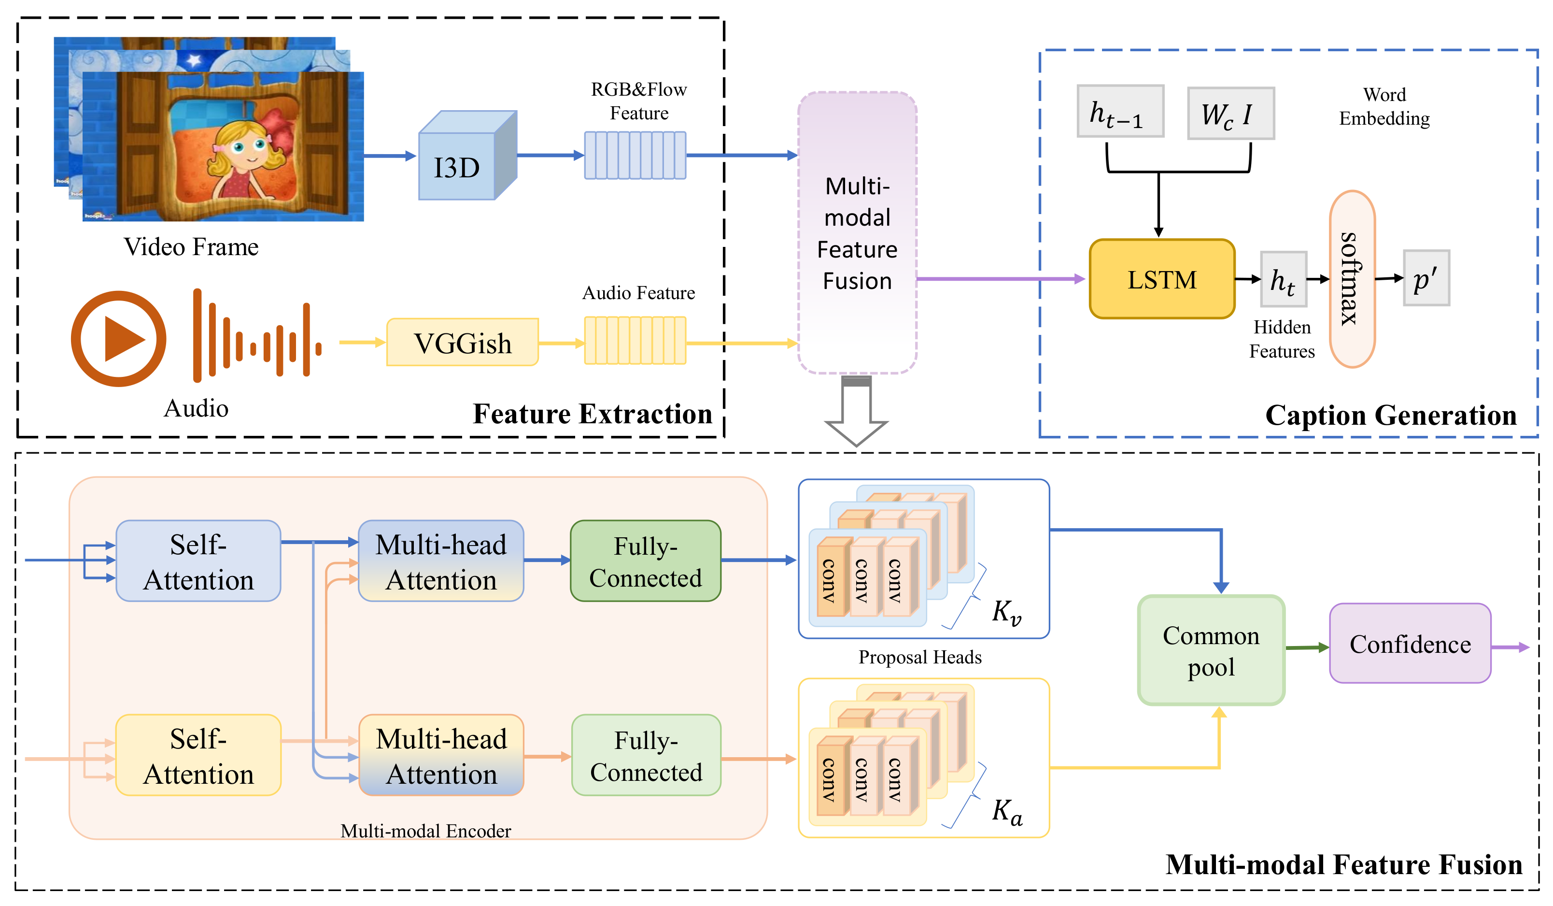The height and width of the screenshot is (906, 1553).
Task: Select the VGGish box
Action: (x=462, y=343)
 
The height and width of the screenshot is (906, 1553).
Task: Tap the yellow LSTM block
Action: (x=1162, y=279)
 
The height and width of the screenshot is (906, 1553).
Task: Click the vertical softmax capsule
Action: (x=1352, y=279)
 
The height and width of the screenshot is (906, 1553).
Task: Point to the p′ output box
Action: (x=1426, y=279)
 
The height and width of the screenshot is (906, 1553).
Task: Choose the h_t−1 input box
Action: (x=1120, y=112)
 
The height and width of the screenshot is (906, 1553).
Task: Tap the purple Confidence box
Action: (x=1410, y=644)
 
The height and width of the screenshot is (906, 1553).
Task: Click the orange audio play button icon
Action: (x=118, y=339)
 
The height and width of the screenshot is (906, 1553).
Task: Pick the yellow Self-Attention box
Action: (x=198, y=756)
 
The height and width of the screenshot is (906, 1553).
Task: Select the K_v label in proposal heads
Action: (x=1006, y=612)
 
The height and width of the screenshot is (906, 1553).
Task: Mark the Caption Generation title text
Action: (x=1390, y=415)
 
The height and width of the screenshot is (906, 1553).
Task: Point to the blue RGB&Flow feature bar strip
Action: (x=635, y=156)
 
